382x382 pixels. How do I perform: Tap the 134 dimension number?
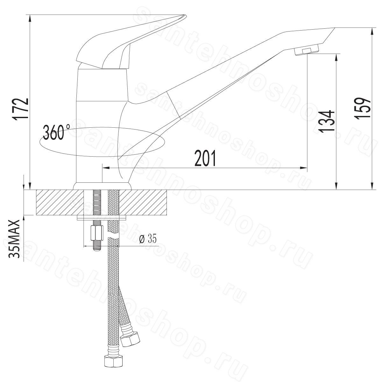[327, 121]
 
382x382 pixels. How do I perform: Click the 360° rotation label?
[56, 132]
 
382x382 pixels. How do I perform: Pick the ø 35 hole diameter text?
[148, 239]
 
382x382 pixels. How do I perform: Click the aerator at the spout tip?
[307, 52]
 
